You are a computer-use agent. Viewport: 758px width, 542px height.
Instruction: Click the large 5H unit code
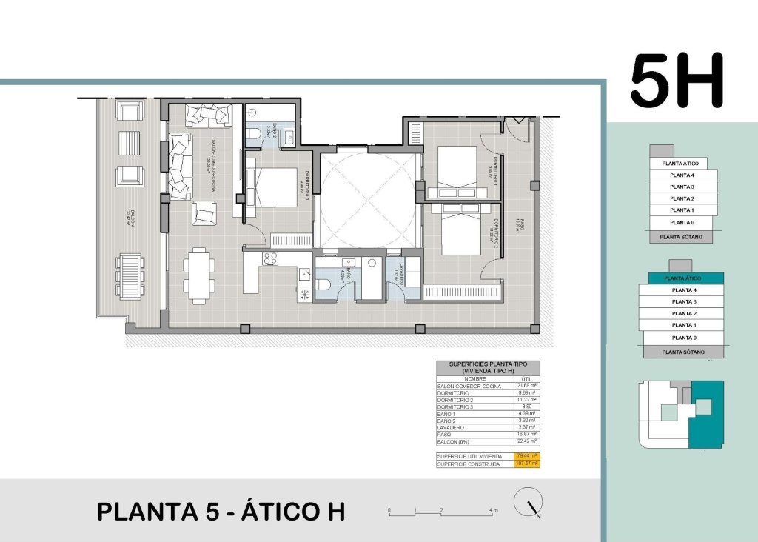[676, 81]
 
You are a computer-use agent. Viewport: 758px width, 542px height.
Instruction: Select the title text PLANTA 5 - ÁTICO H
[221, 512]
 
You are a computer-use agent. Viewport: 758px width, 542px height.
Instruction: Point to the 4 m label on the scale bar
[494, 511]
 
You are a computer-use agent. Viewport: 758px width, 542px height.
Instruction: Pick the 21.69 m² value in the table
[527, 386]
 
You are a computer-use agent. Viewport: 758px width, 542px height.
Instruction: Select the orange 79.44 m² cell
[527, 456]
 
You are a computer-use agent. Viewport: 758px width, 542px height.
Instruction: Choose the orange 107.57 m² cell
[527, 464]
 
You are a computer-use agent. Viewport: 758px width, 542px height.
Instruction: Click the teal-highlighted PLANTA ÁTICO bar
[682, 278]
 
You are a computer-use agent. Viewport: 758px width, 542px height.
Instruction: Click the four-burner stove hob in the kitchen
[270, 258]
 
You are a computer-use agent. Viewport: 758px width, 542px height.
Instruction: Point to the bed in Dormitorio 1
[457, 167]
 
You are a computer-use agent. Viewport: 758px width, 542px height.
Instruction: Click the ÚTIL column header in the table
[527, 378]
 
